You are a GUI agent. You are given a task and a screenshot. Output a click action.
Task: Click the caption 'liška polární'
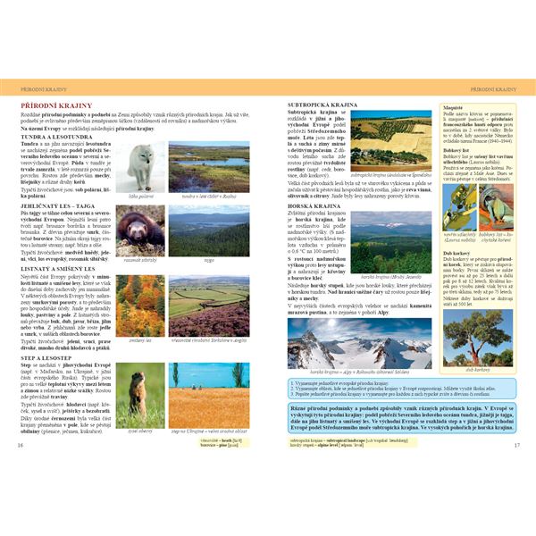(140, 195)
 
